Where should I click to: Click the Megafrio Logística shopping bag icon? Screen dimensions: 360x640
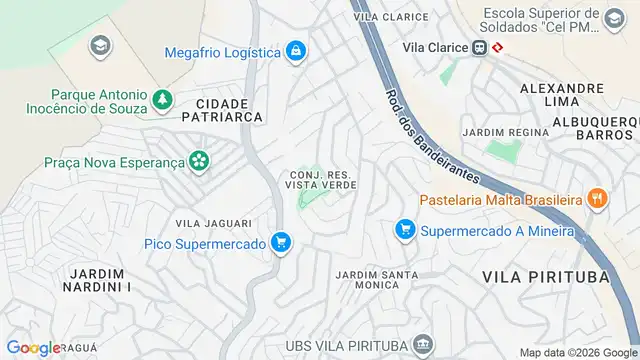pyautogui.click(x=295, y=50)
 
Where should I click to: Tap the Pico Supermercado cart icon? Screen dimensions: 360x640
pyautogui.click(x=281, y=242)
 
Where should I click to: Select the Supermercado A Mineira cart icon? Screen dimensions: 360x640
pyautogui.click(x=405, y=230)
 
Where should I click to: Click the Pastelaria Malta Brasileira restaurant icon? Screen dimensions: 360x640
pyautogui.click(x=597, y=198)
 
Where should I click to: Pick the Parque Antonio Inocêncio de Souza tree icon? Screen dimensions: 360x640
pyautogui.click(x=160, y=100)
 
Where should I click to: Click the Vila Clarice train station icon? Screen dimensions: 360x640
pyautogui.click(x=481, y=47)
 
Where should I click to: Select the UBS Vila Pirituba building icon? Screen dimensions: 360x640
pyautogui.click(x=423, y=345)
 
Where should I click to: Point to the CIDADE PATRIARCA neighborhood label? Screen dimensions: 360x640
pyautogui.click(x=229, y=110)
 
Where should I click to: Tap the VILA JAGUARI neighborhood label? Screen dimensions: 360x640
pyautogui.click(x=213, y=223)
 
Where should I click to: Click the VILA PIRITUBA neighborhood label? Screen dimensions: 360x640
pyautogui.click(x=545, y=276)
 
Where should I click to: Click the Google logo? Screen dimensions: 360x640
pyautogui.click(x=33, y=348)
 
